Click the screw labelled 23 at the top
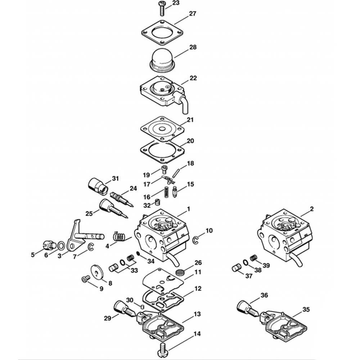tap(161, 8)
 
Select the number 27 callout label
tap(193, 14)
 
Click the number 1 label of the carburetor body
tap(188, 209)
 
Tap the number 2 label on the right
tap(312, 209)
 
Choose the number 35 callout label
tap(306, 309)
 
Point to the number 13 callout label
tap(197, 314)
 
